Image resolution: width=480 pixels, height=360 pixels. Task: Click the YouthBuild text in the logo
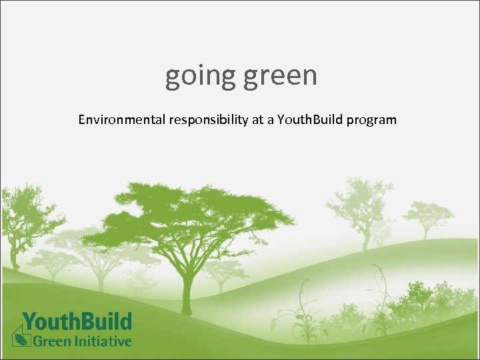click(77, 321)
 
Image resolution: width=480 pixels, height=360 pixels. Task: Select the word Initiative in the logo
click(102, 341)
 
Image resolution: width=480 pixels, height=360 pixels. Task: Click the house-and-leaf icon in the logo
click(21, 334)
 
